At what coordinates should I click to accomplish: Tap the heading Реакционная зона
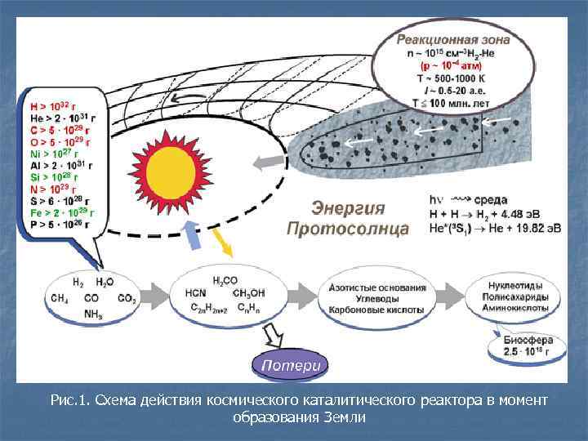(x=453, y=38)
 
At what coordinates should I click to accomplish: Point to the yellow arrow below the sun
(x=220, y=240)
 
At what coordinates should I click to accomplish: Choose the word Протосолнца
(x=347, y=229)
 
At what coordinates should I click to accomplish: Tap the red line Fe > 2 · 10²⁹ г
(x=62, y=212)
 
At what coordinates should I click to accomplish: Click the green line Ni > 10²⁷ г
(x=55, y=152)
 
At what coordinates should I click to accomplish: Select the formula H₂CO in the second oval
(x=225, y=281)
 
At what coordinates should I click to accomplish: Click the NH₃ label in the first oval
(x=93, y=314)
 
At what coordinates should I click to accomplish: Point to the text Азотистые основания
(x=377, y=288)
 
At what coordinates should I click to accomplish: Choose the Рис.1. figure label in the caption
(x=69, y=400)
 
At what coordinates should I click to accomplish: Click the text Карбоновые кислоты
(x=377, y=311)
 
